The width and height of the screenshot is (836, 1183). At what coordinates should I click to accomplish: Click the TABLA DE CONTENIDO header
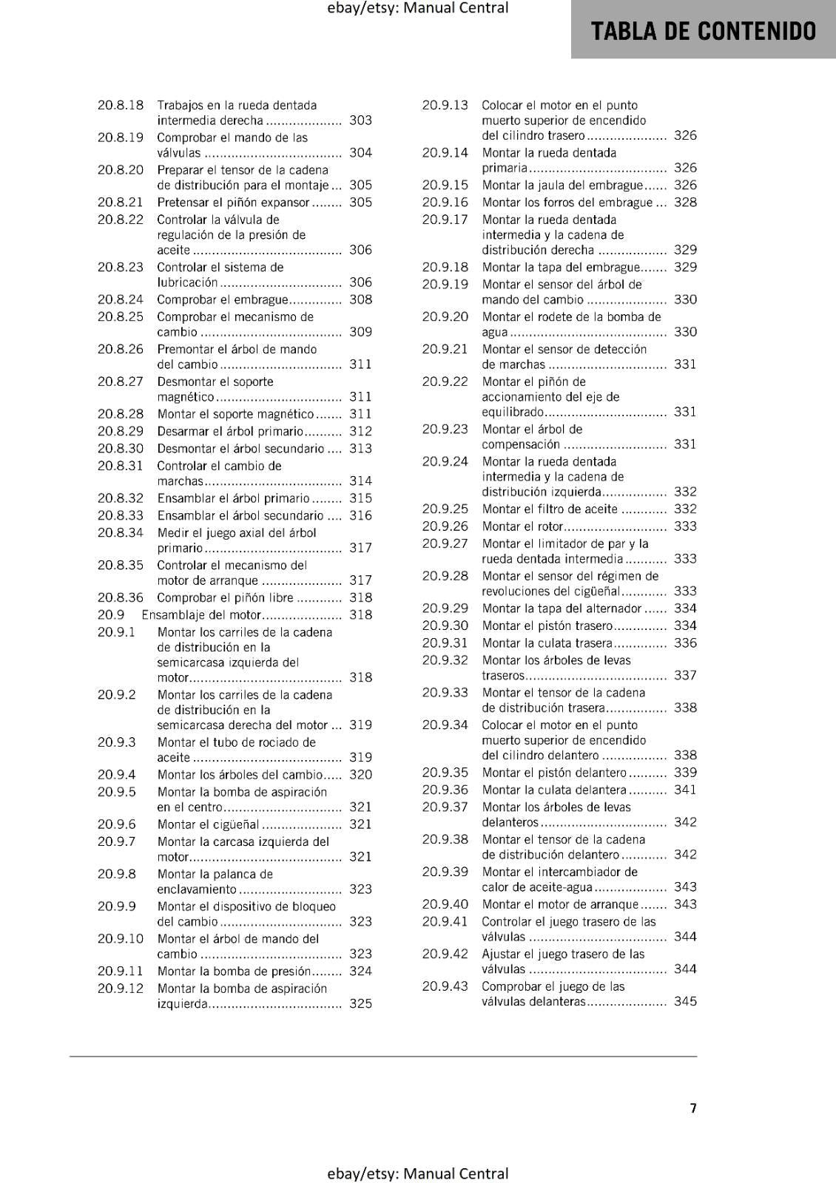click(704, 31)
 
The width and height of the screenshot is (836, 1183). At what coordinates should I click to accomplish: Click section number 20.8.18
click(121, 105)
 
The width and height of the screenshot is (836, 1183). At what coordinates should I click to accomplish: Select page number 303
click(360, 121)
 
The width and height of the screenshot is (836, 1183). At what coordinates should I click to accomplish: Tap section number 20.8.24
click(121, 299)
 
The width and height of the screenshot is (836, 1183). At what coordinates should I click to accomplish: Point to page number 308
click(360, 299)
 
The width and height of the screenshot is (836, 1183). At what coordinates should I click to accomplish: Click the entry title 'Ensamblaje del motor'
click(201, 614)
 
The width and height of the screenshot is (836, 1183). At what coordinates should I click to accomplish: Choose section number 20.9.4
click(117, 774)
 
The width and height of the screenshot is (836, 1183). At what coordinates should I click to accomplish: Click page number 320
click(360, 774)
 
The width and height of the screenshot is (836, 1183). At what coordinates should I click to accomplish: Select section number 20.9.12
click(121, 989)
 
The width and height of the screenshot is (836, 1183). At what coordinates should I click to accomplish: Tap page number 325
click(360, 1003)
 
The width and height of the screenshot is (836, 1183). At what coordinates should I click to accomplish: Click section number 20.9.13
click(445, 105)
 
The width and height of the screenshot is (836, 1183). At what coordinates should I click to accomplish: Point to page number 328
click(685, 202)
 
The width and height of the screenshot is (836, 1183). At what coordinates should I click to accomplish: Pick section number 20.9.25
click(445, 509)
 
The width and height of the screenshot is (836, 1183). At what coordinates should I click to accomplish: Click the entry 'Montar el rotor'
click(522, 526)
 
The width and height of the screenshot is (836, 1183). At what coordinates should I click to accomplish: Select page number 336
click(685, 643)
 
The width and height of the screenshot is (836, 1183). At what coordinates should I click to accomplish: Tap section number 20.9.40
click(445, 904)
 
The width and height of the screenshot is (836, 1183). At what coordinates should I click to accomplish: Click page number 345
click(685, 1001)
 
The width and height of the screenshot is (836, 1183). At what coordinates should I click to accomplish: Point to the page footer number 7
click(693, 1108)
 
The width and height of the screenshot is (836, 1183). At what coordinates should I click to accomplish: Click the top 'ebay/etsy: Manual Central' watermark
click(418, 8)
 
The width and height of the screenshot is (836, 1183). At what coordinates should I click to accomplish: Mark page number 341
click(685, 790)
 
